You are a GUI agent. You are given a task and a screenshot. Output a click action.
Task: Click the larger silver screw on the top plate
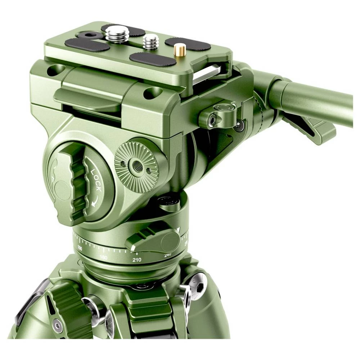[x=117, y=34]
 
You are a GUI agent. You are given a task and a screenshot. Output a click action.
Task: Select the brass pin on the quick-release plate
[x=180, y=49]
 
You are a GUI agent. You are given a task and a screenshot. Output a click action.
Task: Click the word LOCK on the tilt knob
[x=96, y=180]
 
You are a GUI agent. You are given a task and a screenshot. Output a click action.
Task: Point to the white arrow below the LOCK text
[x=95, y=202]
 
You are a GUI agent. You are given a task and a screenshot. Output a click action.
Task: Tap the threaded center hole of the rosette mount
[x=137, y=166]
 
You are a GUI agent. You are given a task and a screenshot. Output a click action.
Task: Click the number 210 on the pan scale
[x=136, y=259]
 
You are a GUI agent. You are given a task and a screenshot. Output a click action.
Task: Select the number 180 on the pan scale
[x=103, y=257]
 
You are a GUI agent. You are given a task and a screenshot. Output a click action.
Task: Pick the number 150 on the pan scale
[x=80, y=249]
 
